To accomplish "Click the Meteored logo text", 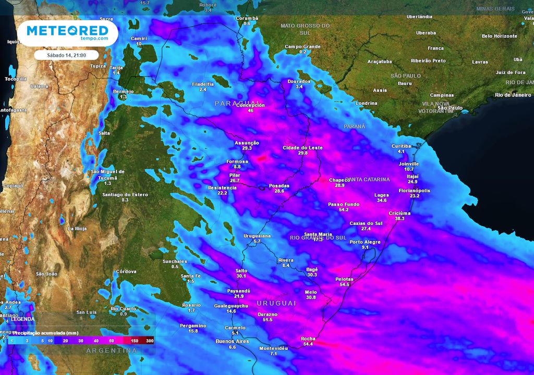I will tap(67, 30).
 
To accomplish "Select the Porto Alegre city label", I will tap(365, 242).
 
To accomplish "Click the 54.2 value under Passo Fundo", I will tap(343, 210).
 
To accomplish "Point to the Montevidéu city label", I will tap(273, 348).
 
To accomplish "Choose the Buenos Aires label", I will tap(232, 341).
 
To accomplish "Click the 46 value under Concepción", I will tap(250, 111).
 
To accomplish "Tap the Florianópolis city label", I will tap(414, 191).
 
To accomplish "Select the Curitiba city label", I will tap(401, 146).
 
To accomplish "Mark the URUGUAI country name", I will tap(276, 303).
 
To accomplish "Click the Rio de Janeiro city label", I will tap(513, 95).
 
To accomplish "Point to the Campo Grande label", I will tap(302, 47).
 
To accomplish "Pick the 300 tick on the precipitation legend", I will tap(150, 340).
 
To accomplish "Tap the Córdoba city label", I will tap(126, 271).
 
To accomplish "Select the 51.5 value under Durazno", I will tap(268, 320).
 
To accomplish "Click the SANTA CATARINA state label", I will tap(368, 180).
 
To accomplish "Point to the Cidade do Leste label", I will tap(302, 148).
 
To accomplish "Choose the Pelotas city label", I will tap(344, 279).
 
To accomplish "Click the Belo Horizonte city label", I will tap(499, 36).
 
